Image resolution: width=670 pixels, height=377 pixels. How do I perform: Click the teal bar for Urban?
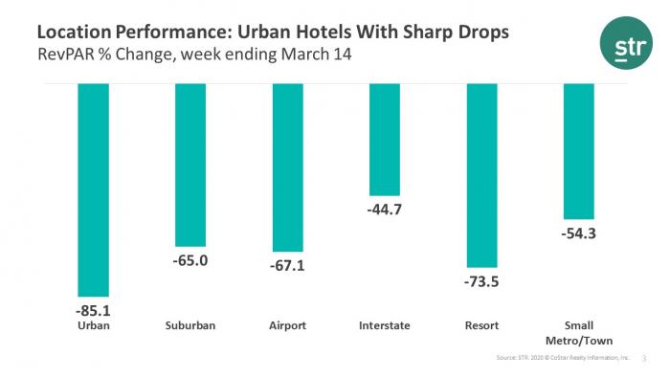(x=94, y=189)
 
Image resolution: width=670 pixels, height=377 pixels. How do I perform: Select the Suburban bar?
(x=190, y=165)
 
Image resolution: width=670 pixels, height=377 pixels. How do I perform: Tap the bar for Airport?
(x=287, y=167)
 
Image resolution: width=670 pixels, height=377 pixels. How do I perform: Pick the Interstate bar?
(x=384, y=140)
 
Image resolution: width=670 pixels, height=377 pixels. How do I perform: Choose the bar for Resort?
(x=481, y=175)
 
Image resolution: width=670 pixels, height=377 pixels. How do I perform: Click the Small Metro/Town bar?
(x=579, y=151)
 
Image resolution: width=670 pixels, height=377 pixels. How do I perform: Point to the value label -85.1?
(x=94, y=310)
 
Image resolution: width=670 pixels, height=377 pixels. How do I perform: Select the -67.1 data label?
(x=287, y=265)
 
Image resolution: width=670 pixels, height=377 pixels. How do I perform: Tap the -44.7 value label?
(x=384, y=210)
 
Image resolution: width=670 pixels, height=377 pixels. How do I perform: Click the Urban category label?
(x=94, y=325)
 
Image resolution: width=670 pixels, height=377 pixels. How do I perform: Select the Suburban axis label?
(x=190, y=325)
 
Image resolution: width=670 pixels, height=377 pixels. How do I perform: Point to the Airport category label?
(x=287, y=325)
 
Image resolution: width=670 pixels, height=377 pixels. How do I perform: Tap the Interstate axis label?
(x=384, y=325)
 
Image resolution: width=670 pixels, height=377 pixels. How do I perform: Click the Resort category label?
(x=481, y=325)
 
